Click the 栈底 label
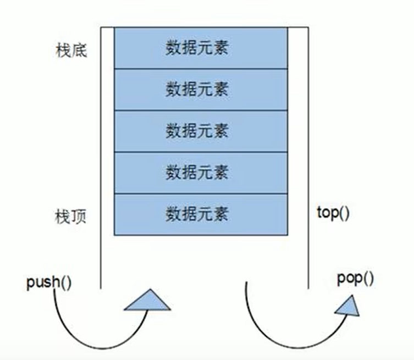[70, 52]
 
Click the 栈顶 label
[70, 215]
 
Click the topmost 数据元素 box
[200, 48]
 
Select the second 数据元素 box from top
[200, 90]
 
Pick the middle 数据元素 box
[200, 131]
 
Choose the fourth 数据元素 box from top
[200, 173]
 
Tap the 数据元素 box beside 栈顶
[200, 214]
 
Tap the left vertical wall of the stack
[101, 165]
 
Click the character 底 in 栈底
[79, 52]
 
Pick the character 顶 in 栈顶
[79, 215]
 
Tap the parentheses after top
[343, 213]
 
